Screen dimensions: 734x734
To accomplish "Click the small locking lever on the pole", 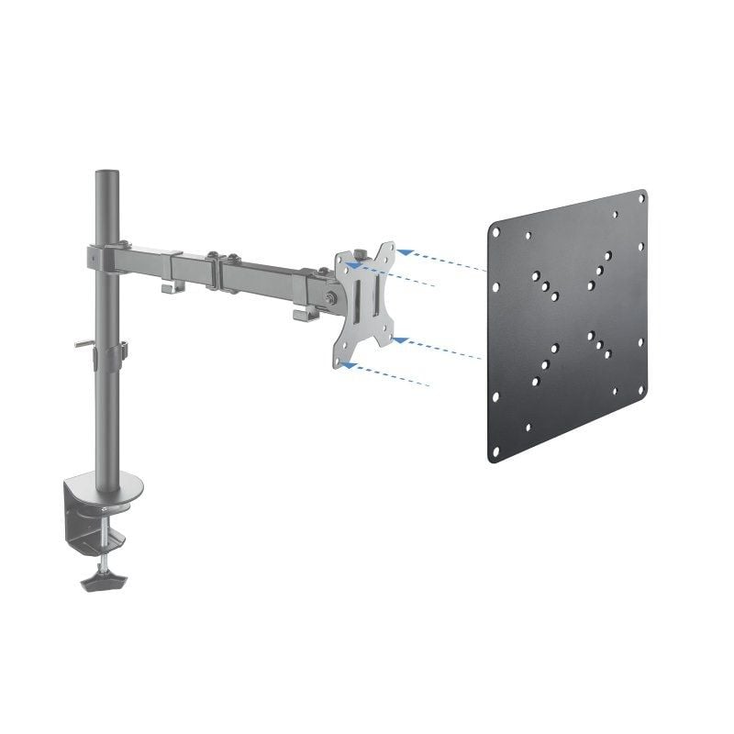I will pyautogui.click(x=83, y=345).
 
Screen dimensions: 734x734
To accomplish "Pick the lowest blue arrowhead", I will pyautogui.click(x=346, y=365).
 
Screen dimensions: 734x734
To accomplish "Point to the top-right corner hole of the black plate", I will pyautogui.click(x=639, y=205).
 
